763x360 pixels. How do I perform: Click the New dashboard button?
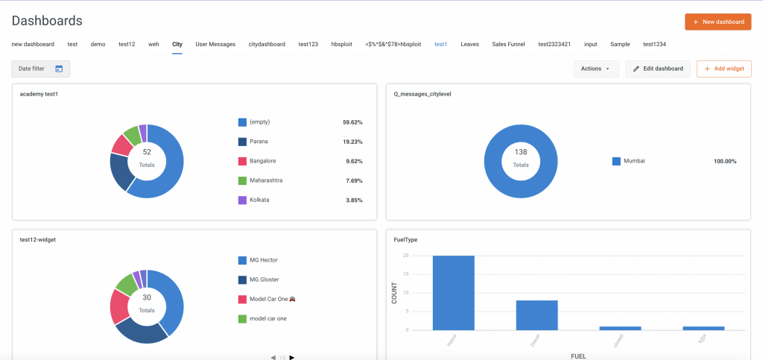point(718,22)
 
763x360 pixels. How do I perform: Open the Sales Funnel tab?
point(508,44)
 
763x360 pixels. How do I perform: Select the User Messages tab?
point(215,44)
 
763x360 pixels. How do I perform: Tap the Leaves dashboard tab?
point(469,44)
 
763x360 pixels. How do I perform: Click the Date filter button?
point(40,69)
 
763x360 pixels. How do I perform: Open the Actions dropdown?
point(595,69)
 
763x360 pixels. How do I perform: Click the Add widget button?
point(724,69)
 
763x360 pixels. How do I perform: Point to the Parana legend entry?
point(259,142)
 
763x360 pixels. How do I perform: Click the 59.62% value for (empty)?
point(352,122)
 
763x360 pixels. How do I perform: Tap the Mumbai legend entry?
point(634,161)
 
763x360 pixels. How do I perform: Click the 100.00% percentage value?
point(724,161)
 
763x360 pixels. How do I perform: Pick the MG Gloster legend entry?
point(265,280)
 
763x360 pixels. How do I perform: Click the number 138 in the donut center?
point(521,152)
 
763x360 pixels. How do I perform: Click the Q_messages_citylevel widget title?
point(422,94)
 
